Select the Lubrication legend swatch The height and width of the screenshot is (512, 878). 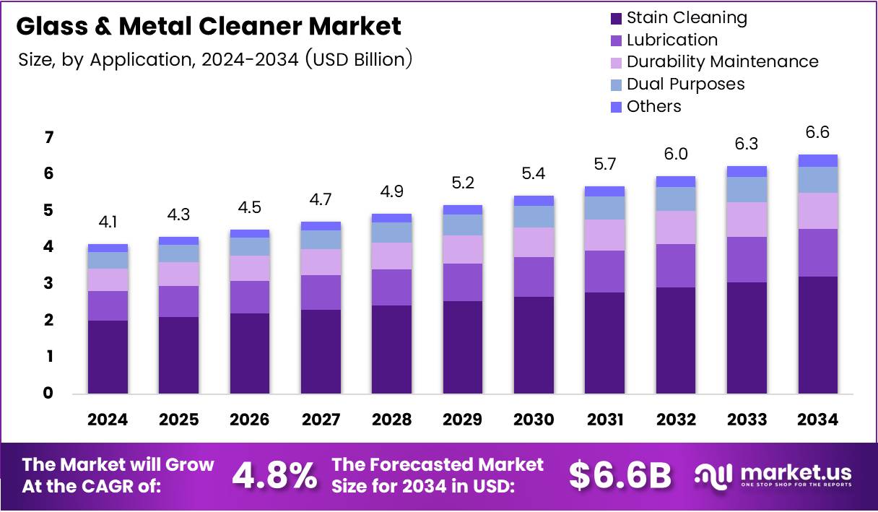coord(616,40)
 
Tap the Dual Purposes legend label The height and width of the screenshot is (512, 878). coord(685,84)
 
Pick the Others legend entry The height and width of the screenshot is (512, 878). coord(653,106)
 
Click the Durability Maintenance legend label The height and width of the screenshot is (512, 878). coord(722,61)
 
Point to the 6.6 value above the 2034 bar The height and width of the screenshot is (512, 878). coord(817,133)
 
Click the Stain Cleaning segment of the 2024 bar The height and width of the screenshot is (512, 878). coord(108,357)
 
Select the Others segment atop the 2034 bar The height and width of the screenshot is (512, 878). coord(817,160)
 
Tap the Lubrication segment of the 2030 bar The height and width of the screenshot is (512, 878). coord(534,277)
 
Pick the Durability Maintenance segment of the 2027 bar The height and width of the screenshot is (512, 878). coord(321,262)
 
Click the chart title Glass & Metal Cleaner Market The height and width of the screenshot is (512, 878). coord(208,27)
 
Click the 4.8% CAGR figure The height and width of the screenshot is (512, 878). coord(274,475)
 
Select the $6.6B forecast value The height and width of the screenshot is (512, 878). coord(620,475)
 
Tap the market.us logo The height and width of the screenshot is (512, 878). coord(773,475)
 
